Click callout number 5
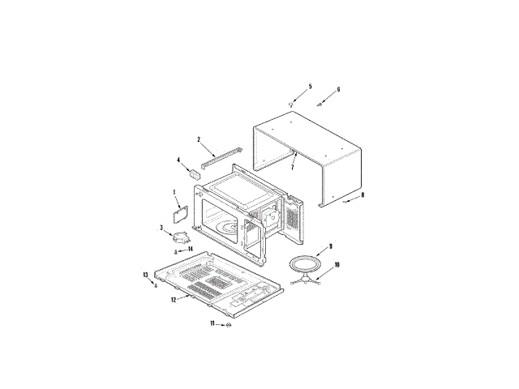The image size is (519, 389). (x=310, y=87)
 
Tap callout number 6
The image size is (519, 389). (x=338, y=89)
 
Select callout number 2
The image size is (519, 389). (x=199, y=139)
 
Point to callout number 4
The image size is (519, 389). (x=178, y=160)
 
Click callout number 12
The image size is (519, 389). (x=174, y=300)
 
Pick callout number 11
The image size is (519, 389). (x=212, y=323)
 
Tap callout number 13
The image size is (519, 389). (x=145, y=275)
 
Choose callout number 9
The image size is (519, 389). (x=330, y=246)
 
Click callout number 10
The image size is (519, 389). (x=337, y=265)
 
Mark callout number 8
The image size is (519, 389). (x=362, y=195)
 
